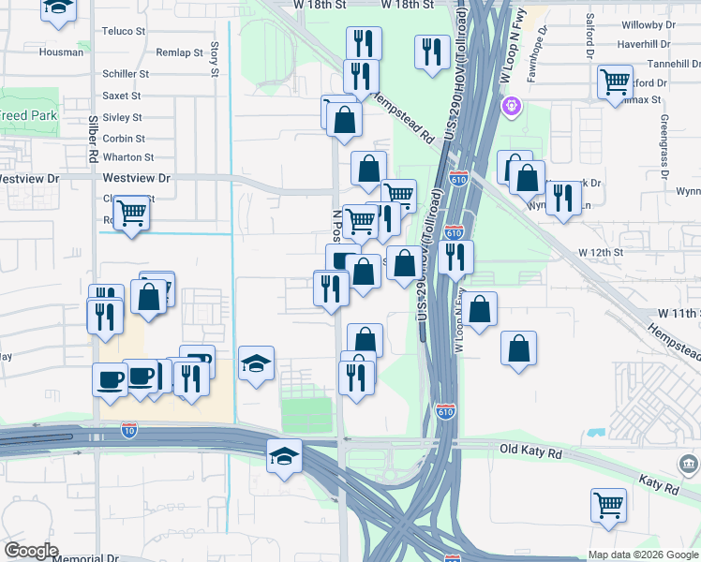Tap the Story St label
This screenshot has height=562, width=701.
pos(215,58)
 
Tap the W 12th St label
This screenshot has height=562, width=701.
pos(600,253)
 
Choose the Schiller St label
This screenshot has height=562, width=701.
pos(126,73)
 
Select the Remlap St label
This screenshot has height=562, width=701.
pos(180,52)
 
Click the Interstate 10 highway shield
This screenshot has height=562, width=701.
pos(129,431)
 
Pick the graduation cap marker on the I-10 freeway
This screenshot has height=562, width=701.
pos(284,457)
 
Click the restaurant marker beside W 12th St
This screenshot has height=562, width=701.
pos(455,256)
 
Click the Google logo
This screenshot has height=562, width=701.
pos(32,551)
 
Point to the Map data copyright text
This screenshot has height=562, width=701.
pos(642,555)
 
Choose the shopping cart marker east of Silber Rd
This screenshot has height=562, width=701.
pos(132,214)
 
